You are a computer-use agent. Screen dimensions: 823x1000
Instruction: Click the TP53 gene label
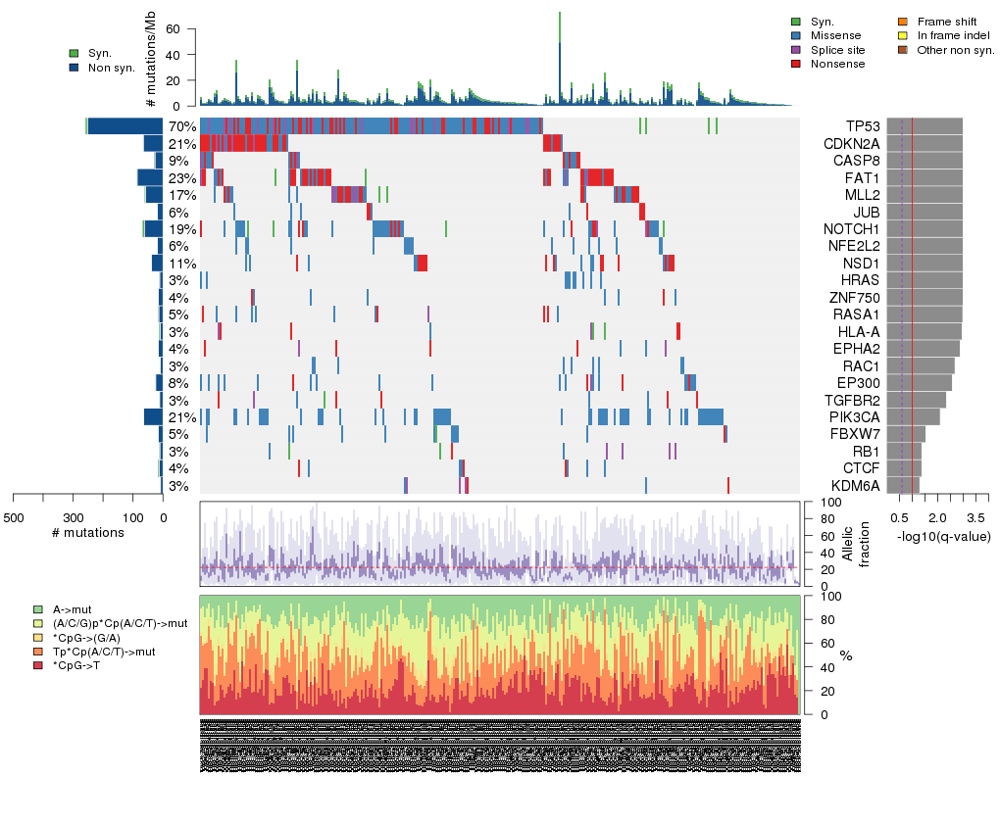tap(864, 126)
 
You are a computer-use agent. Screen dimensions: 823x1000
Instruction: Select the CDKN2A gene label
tap(851, 144)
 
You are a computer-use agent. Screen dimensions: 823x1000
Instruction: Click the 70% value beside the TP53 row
tap(182, 126)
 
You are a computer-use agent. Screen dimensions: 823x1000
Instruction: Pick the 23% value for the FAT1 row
tap(182, 178)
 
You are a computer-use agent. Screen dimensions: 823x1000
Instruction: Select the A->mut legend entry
tap(72, 610)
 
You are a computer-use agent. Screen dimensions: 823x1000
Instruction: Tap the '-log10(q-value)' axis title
tap(944, 536)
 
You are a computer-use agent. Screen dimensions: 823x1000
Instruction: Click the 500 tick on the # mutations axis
tap(14, 517)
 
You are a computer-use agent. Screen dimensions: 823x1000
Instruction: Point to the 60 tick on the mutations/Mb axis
tap(179, 29)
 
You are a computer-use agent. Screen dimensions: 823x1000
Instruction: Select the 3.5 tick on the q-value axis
tap(975, 517)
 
